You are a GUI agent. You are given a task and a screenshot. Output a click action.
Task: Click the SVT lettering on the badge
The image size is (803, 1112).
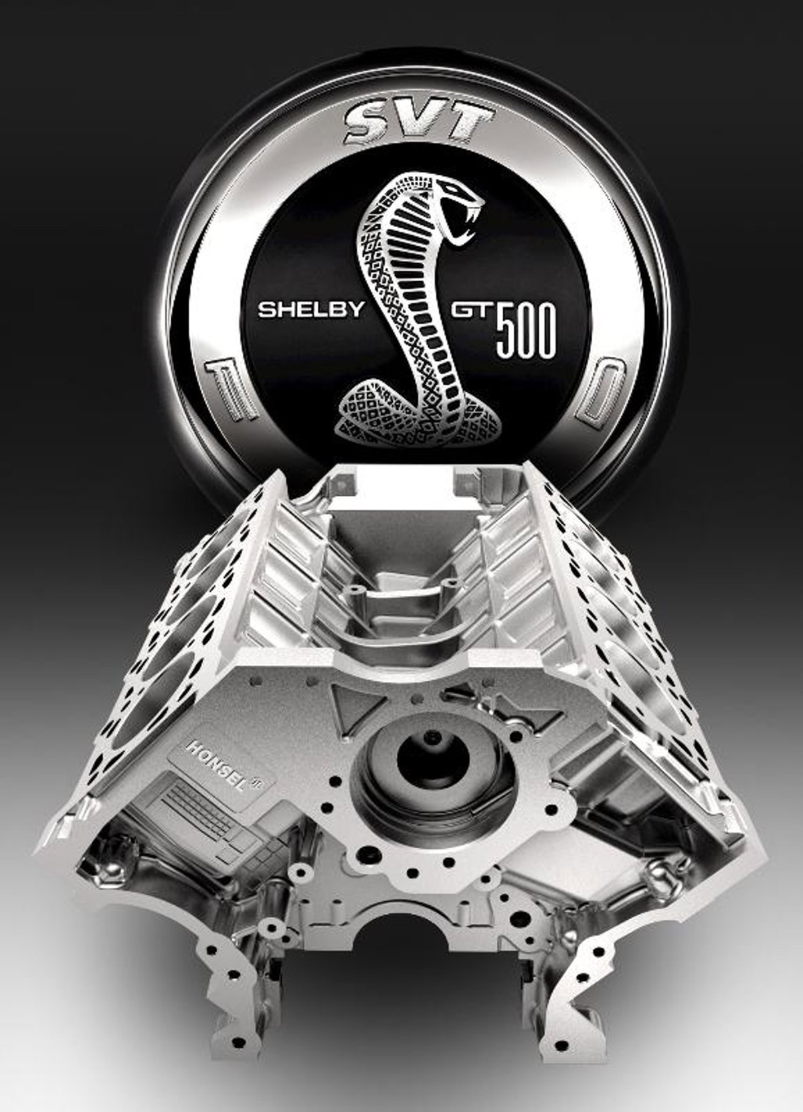click(x=420, y=123)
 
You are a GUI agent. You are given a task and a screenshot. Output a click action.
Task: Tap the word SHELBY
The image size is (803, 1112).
click(x=311, y=310)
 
